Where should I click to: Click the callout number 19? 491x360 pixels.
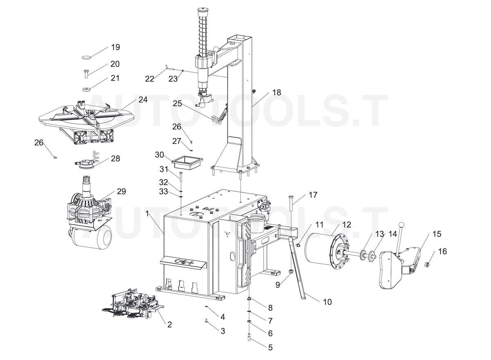(115, 47)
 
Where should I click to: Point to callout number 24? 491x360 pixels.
(142, 99)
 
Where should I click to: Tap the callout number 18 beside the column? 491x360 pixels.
(277, 92)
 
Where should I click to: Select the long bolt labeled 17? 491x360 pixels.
(291, 202)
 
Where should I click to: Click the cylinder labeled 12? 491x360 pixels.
(323, 250)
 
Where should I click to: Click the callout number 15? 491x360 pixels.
(437, 234)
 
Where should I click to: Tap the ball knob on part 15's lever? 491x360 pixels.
(402, 224)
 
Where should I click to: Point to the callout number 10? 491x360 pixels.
(327, 302)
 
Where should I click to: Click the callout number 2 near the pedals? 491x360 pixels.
(169, 324)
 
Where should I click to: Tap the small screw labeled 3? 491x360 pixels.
(207, 322)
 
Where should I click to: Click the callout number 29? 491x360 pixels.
(121, 191)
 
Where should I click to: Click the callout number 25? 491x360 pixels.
(177, 103)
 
